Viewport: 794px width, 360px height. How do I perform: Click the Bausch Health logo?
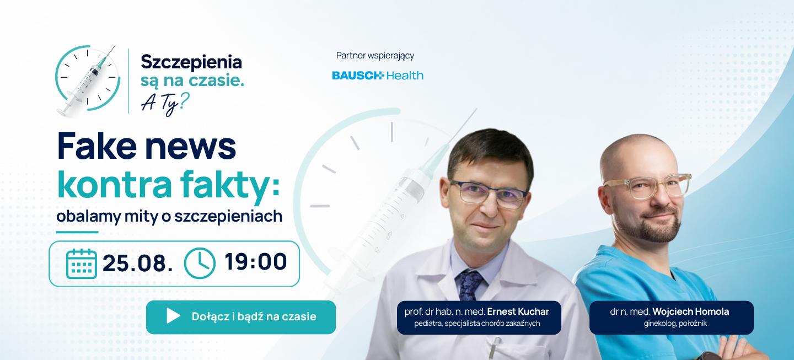(x=378, y=76)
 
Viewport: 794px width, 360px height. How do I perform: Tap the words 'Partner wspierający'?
(x=375, y=56)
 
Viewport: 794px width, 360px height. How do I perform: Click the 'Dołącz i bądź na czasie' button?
(x=240, y=317)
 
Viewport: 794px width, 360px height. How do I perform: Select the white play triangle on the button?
(x=173, y=316)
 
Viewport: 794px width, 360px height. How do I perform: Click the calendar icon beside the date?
(x=82, y=264)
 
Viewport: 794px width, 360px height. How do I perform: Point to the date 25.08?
(x=137, y=264)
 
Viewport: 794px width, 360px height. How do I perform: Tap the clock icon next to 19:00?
(x=200, y=264)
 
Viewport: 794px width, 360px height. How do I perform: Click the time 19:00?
(x=255, y=262)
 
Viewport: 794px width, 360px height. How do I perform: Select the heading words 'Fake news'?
(x=147, y=146)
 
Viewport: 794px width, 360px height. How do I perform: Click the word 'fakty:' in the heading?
(x=230, y=185)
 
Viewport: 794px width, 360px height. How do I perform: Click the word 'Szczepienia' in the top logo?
(x=191, y=62)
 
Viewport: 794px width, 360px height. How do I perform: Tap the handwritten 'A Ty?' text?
(x=165, y=104)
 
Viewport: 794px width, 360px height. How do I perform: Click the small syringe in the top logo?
(x=86, y=81)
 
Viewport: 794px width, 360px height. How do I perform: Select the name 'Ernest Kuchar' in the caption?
(x=518, y=311)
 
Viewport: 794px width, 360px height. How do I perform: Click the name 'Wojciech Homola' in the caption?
(x=690, y=311)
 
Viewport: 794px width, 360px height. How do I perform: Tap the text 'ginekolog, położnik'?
(x=675, y=324)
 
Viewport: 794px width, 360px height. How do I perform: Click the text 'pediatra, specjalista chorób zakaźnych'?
(x=477, y=324)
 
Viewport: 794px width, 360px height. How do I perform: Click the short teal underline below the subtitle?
(x=77, y=233)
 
